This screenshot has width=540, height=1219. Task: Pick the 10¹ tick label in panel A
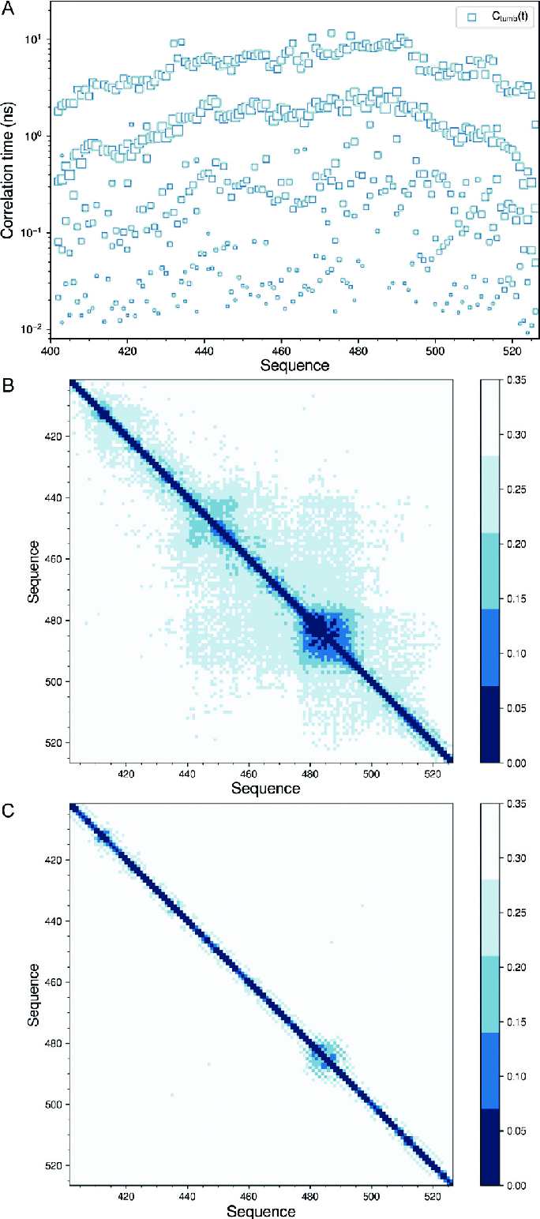pyautogui.click(x=32, y=39)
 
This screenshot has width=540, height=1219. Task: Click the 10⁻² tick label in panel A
pyautogui.click(x=31, y=328)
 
